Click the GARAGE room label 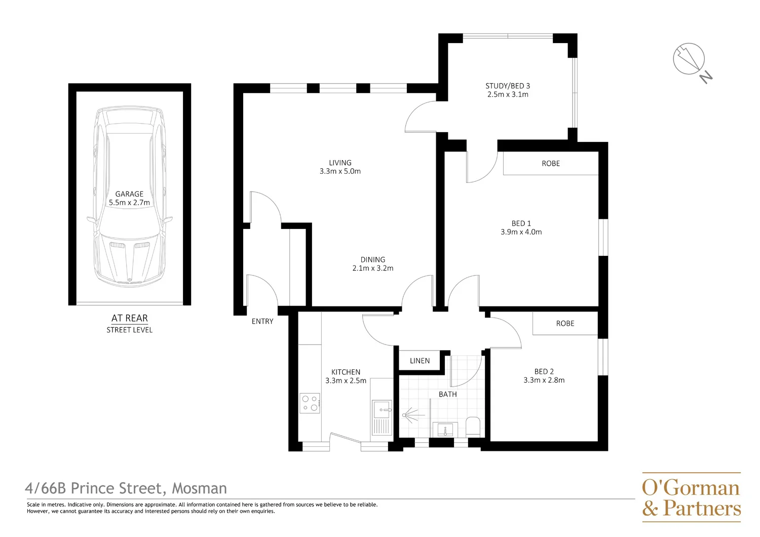tap(129, 194)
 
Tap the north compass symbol tap(690, 60)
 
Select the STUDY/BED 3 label tap(508, 86)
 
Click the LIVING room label tap(340, 163)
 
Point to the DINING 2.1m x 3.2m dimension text tap(373, 268)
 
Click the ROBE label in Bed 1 tap(551, 164)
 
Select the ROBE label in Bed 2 tap(565, 324)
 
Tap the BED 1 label tap(521, 223)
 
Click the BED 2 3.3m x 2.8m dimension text tap(544, 380)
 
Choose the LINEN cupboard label tap(420, 361)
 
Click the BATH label tap(447, 394)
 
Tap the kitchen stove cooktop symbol tap(310, 403)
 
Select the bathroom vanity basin tap(445, 430)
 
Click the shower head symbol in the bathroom tap(405, 415)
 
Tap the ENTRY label tap(262, 321)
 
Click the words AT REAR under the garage tap(130, 318)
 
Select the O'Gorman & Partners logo tap(691, 497)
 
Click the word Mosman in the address tap(199, 488)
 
